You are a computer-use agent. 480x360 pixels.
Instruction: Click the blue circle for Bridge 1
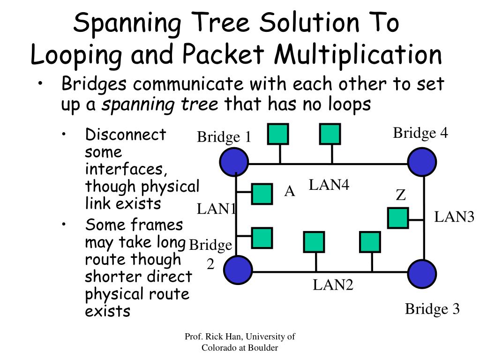tap(234, 162)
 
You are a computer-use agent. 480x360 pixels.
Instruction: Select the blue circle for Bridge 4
tap(422, 162)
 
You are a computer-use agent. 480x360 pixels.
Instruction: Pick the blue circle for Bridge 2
tap(238, 270)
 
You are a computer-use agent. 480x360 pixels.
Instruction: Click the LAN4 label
tap(329, 185)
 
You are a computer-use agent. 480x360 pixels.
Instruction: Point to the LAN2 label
tap(333, 284)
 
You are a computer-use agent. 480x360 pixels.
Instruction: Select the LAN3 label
tap(454, 217)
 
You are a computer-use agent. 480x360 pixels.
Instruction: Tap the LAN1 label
tap(216, 209)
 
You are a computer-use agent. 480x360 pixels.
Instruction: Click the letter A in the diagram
tap(290, 191)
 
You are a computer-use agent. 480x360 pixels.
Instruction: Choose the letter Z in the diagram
tap(400, 195)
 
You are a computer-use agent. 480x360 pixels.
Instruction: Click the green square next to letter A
tap(262, 194)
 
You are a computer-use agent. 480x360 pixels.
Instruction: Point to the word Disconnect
tap(126, 135)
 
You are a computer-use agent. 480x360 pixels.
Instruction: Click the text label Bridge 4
tap(420, 133)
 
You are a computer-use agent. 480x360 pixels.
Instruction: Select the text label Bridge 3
tap(432, 309)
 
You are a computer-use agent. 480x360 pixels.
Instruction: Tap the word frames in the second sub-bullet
tap(157, 225)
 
